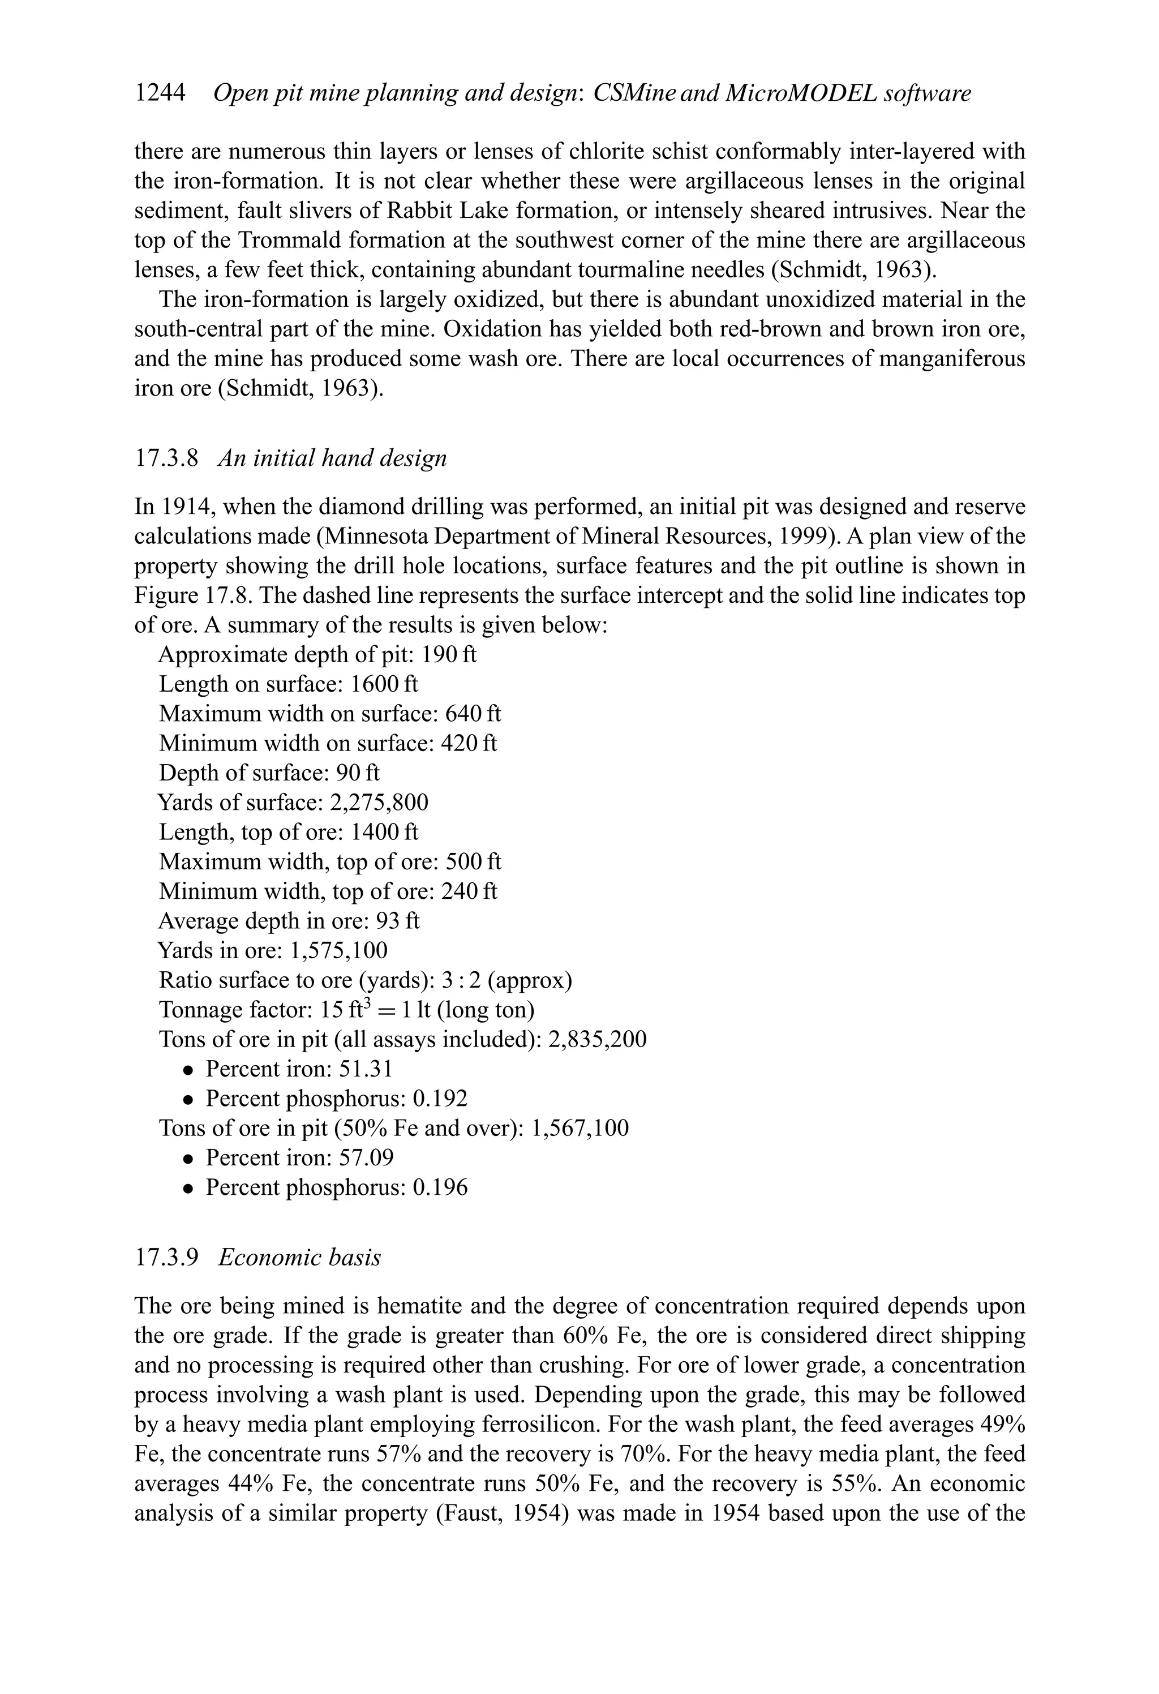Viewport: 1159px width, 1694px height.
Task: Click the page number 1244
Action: pyautogui.click(x=160, y=93)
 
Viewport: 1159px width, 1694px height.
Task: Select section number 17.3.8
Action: pyautogui.click(x=166, y=458)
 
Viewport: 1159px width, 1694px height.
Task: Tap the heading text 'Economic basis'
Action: pyautogui.click(x=299, y=1258)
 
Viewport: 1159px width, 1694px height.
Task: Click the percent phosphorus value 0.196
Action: pyautogui.click(x=440, y=1187)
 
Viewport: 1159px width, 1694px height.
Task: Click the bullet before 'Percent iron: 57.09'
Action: pyautogui.click(x=189, y=1159)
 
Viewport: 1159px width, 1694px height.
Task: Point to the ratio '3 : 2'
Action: pyautogui.click(x=461, y=980)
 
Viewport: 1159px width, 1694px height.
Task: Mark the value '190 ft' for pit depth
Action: pyautogui.click(x=449, y=655)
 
